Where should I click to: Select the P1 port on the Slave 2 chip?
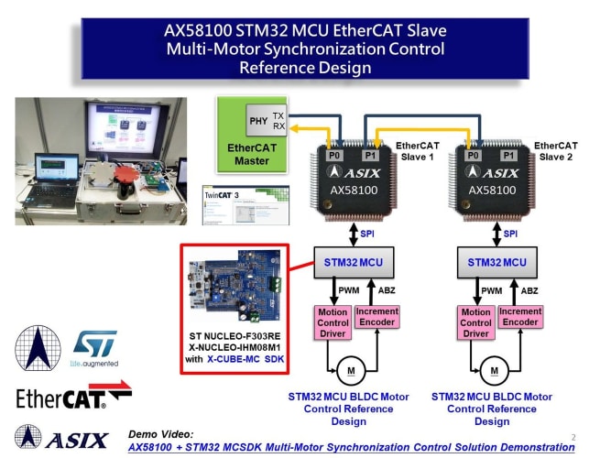tap(509, 156)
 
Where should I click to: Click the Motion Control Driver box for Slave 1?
tap(333, 323)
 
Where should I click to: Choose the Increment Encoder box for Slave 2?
tap(519, 318)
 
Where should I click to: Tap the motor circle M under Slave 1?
tap(352, 370)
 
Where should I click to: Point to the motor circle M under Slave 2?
tap(496, 370)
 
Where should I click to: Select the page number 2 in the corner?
tap(573, 438)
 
